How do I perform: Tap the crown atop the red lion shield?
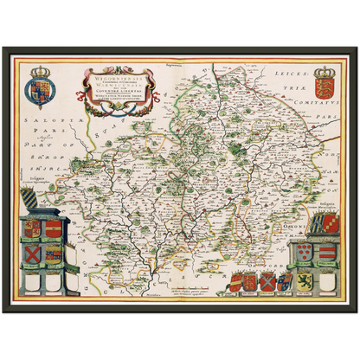(326, 68)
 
